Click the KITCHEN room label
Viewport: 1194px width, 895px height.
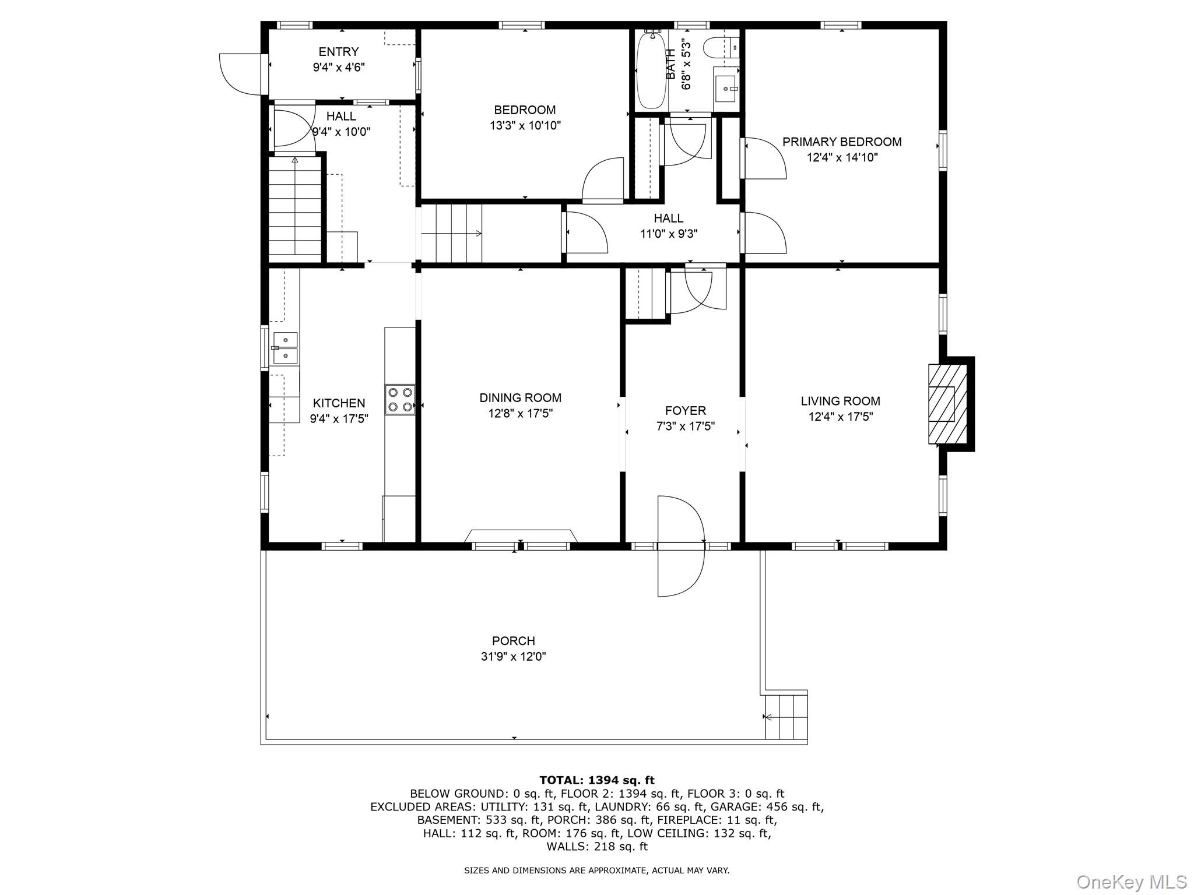point(339,403)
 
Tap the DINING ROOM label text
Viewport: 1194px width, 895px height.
point(520,398)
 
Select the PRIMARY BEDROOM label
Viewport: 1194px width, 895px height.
point(841,142)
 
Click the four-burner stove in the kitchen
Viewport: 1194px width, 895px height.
point(400,400)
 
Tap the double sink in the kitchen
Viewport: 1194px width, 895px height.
point(285,347)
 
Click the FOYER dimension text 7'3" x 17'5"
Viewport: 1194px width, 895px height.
point(685,427)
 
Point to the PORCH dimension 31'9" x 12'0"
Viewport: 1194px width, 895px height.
point(513,657)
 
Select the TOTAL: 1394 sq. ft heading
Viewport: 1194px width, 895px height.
point(597,780)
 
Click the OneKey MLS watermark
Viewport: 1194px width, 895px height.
point(1131,882)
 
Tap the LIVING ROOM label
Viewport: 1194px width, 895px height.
point(840,401)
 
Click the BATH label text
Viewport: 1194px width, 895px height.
point(670,64)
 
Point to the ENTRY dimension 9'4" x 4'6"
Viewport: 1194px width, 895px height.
point(339,68)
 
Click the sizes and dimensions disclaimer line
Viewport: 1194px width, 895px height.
point(596,871)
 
